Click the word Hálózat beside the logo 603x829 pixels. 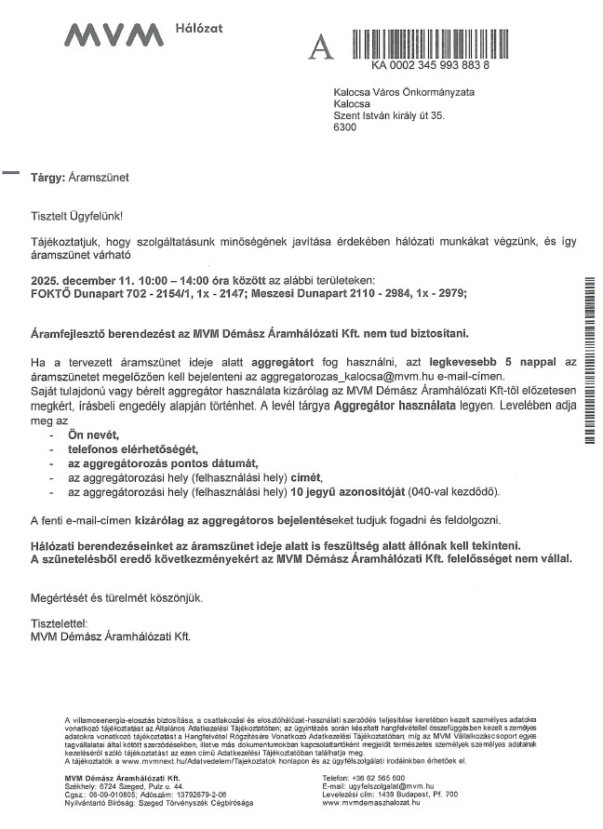(x=198, y=30)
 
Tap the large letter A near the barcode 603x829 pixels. (x=320, y=47)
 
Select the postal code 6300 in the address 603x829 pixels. (x=344, y=127)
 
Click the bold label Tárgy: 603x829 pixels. (x=47, y=175)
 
